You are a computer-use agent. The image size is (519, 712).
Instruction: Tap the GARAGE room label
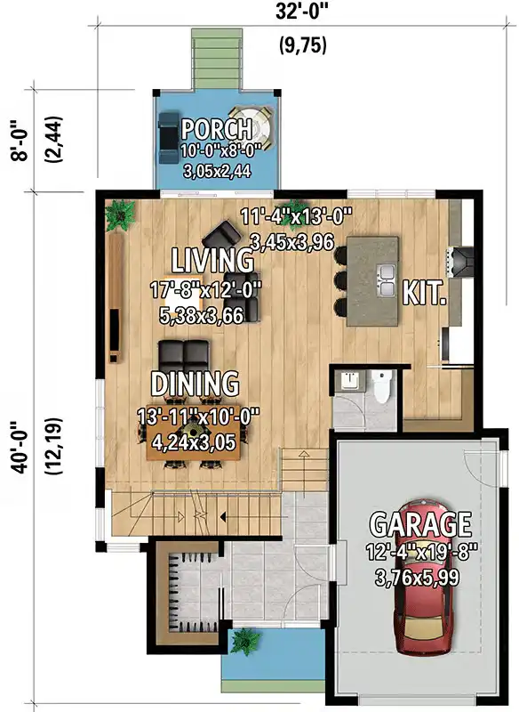click(420, 523)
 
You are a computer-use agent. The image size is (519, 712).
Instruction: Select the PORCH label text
click(217, 129)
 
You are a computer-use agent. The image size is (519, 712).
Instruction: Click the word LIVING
click(212, 260)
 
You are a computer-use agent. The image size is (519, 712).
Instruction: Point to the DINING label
click(195, 384)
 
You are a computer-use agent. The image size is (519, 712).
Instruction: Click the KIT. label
click(424, 293)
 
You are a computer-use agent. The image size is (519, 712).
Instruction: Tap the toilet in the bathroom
click(381, 385)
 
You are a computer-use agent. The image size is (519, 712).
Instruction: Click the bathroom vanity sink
click(349, 381)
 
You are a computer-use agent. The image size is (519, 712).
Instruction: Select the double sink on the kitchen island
click(387, 280)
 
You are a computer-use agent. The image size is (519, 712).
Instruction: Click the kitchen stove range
click(461, 261)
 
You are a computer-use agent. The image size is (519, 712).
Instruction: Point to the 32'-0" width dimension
click(301, 12)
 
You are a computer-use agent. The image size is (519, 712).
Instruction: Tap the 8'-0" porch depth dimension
click(20, 140)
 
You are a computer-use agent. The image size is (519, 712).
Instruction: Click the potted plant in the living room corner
click(119, 214)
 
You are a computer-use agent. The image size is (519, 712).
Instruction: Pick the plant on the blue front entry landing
click(245, 642)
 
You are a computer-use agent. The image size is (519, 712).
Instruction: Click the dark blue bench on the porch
click(169, 138)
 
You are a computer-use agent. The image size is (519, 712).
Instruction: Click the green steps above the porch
click(217, 59)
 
